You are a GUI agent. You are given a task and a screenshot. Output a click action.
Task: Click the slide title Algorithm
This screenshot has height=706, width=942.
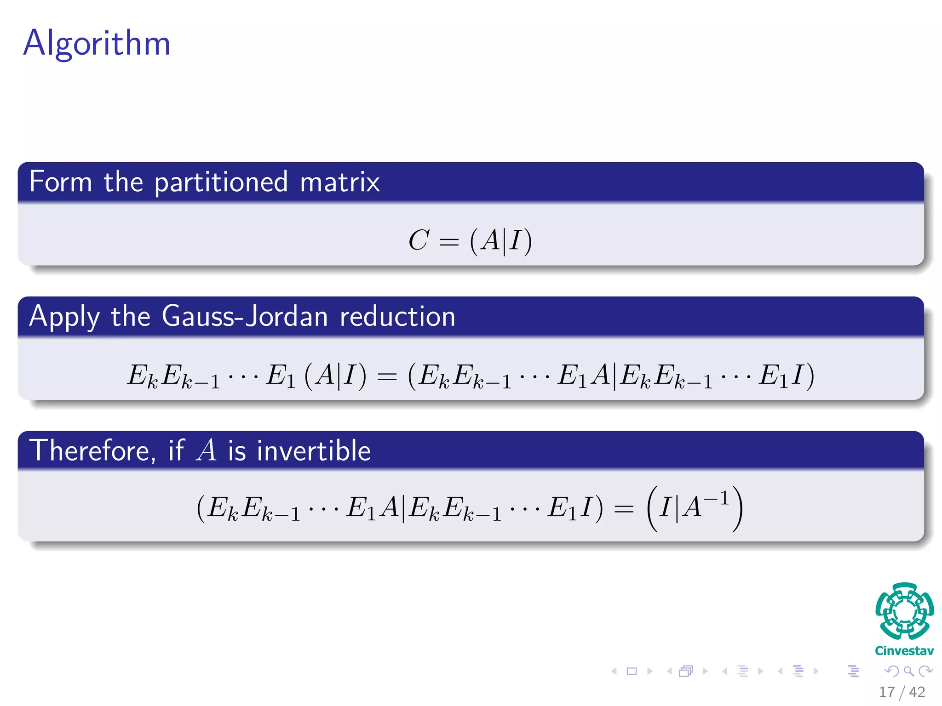(x=97, y=44)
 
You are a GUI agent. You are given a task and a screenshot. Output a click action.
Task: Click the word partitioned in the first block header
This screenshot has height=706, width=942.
(x=221, y=182)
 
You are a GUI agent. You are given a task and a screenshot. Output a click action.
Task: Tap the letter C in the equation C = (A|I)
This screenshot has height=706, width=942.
(x=419, y=240)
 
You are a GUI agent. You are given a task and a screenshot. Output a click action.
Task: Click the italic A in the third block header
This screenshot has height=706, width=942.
(x=207, y=450)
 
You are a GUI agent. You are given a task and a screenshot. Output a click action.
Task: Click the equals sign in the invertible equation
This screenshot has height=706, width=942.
(x=624, y=509)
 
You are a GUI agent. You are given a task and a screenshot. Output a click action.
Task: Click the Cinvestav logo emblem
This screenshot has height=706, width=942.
(x=904, y=611)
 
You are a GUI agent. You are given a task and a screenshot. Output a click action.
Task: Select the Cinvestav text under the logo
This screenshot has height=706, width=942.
(x=904, y=651)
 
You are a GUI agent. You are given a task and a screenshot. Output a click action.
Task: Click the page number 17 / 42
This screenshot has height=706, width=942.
(x=902, y=692)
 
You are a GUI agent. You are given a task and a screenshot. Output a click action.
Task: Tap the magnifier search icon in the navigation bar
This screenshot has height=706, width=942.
(x=908, y=672)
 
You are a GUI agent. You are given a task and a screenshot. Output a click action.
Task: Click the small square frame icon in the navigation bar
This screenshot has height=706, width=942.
(x=632, y=672)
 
